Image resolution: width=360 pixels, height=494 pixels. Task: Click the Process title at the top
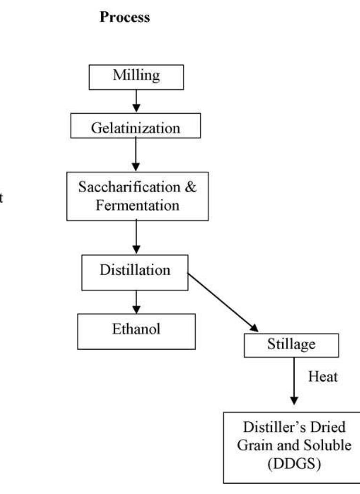point(125,17)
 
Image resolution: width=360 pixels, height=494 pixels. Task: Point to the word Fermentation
point(136,206)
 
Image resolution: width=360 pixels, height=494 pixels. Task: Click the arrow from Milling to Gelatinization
point(136,101)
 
